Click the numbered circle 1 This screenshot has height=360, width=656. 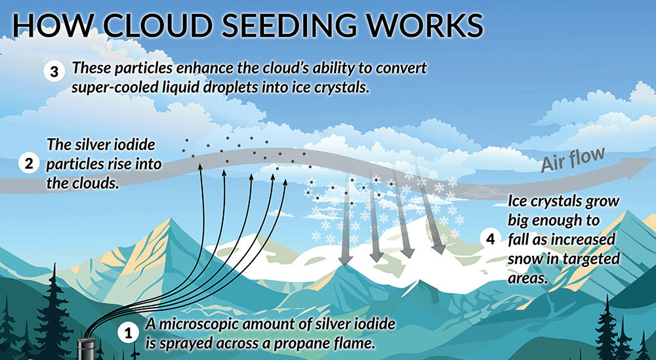[x=129, y=333]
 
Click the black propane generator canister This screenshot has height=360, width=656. [x=86, y=348]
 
